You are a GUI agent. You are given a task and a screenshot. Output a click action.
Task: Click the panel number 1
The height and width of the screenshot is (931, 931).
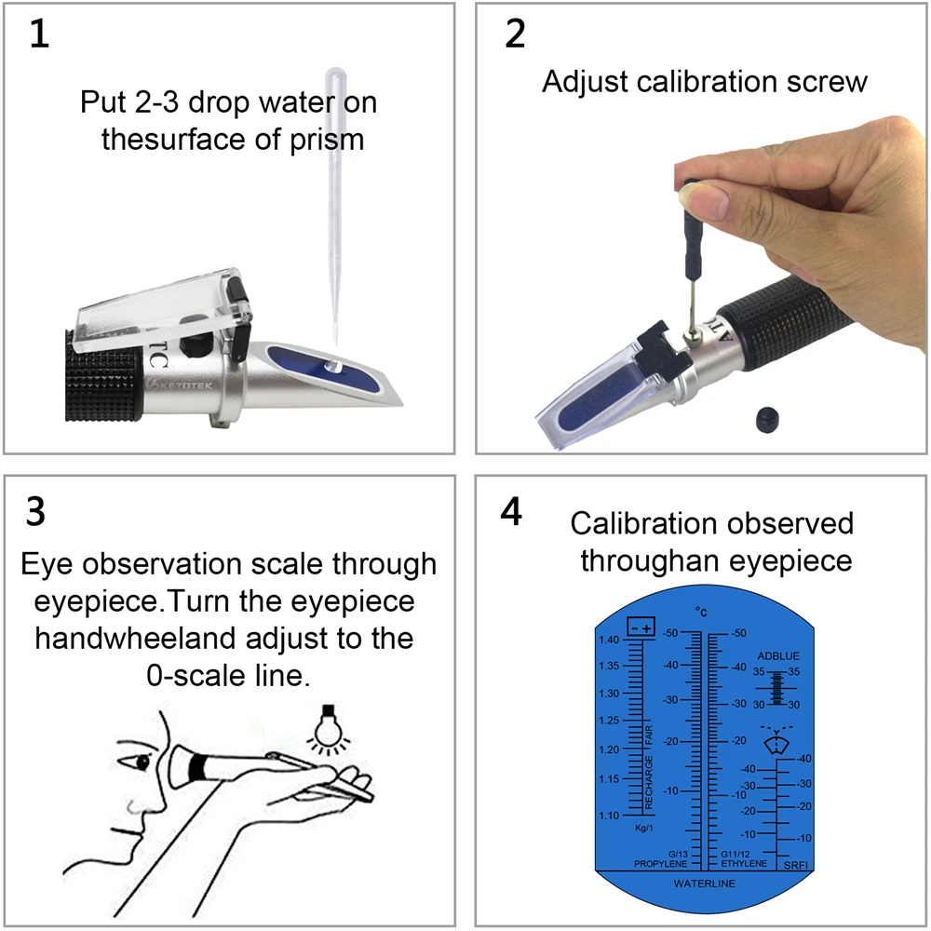coord(39,34)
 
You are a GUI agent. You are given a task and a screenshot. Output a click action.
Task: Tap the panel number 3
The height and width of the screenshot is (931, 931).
coord(36,512)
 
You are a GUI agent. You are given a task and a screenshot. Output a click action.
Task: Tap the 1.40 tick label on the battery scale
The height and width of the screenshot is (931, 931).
coord(610,640)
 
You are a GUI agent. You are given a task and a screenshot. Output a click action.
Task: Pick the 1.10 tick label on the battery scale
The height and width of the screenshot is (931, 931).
coord(610,816)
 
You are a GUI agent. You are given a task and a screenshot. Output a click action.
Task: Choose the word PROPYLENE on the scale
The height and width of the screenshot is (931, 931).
coord(661,864)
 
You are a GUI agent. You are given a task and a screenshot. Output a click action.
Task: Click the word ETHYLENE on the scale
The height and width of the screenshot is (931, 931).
coord(744,864)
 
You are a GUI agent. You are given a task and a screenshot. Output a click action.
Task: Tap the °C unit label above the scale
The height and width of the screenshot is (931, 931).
coord(701,612)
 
